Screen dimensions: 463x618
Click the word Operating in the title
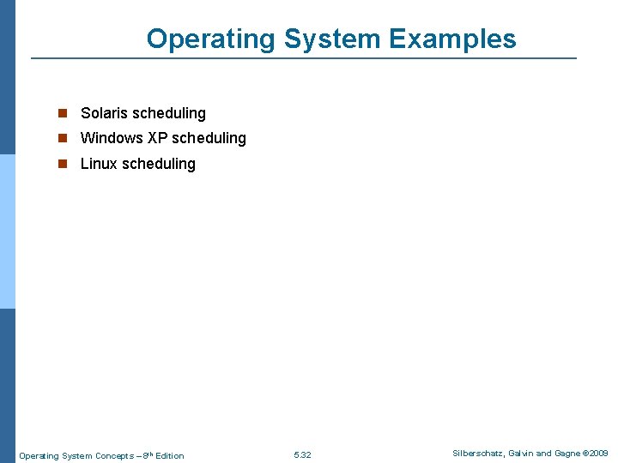(211, 39)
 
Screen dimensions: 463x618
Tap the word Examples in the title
(452, 39)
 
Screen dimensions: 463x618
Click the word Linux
(98, 164)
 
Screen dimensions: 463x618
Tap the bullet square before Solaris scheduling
(62, 113)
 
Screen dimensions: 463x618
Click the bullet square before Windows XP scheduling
(62, 138)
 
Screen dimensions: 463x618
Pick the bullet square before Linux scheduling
(62, 164)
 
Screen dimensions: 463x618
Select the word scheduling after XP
(209, 138)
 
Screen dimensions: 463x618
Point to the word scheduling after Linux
(158, 164)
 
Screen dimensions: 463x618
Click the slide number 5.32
(302, 455)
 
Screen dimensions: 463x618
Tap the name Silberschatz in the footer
(478, 453)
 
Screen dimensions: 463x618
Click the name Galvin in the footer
(524, 453)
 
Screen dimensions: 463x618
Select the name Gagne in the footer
(566, 453)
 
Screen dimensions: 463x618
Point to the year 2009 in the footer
(598, 453)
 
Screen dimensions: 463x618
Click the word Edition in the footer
(169, 455)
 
